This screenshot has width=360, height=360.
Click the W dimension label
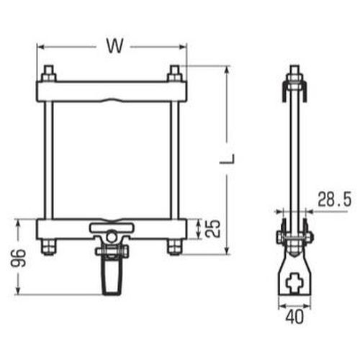(115, 45)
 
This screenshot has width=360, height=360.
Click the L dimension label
(228, 158)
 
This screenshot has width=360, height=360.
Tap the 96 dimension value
(18, 258)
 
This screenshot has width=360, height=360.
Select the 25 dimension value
(213, 228)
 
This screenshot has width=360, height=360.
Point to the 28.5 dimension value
(335, 199)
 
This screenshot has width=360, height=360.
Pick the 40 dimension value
(294, 317)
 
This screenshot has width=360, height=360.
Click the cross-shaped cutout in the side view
(294, 283)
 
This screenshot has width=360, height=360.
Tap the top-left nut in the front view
(49, 77)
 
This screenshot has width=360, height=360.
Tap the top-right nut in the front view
(174, 77)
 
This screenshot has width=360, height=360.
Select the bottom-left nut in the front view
(48, 246)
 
